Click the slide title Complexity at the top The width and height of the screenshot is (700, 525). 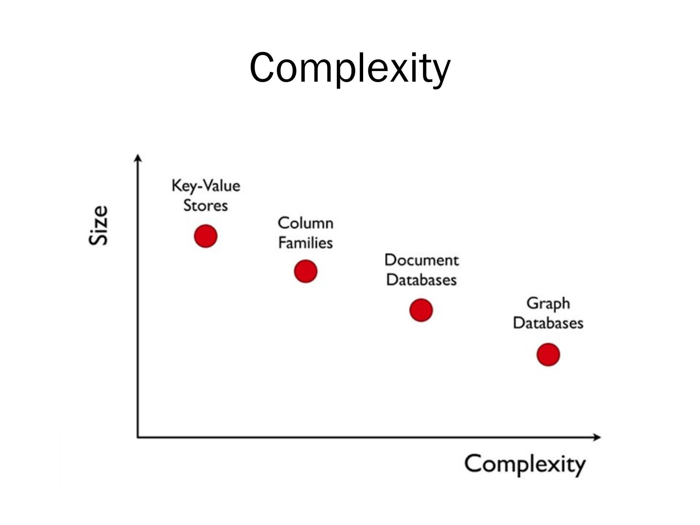(350, 68)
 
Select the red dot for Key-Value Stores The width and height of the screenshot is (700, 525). (206, 236)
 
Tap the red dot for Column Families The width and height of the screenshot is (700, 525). (306, 271)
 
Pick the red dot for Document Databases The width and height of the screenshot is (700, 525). (421, 310)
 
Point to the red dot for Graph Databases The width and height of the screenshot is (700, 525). (548, 354)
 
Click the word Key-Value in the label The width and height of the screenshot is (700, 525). (206, 186)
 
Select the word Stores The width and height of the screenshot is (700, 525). (206, 206)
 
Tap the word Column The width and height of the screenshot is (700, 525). (306, 223)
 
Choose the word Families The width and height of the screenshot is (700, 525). (306, 243)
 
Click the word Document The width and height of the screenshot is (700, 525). (421, 260)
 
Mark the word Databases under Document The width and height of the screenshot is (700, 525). (421, 280)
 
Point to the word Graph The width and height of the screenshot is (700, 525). (548, 304)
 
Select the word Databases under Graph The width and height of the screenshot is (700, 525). (548, 323)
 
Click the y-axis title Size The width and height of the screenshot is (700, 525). (99, 225)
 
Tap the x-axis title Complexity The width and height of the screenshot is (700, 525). (525, 464)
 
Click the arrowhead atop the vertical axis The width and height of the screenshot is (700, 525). (139, 158)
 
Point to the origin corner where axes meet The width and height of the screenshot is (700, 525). (139, 437)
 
